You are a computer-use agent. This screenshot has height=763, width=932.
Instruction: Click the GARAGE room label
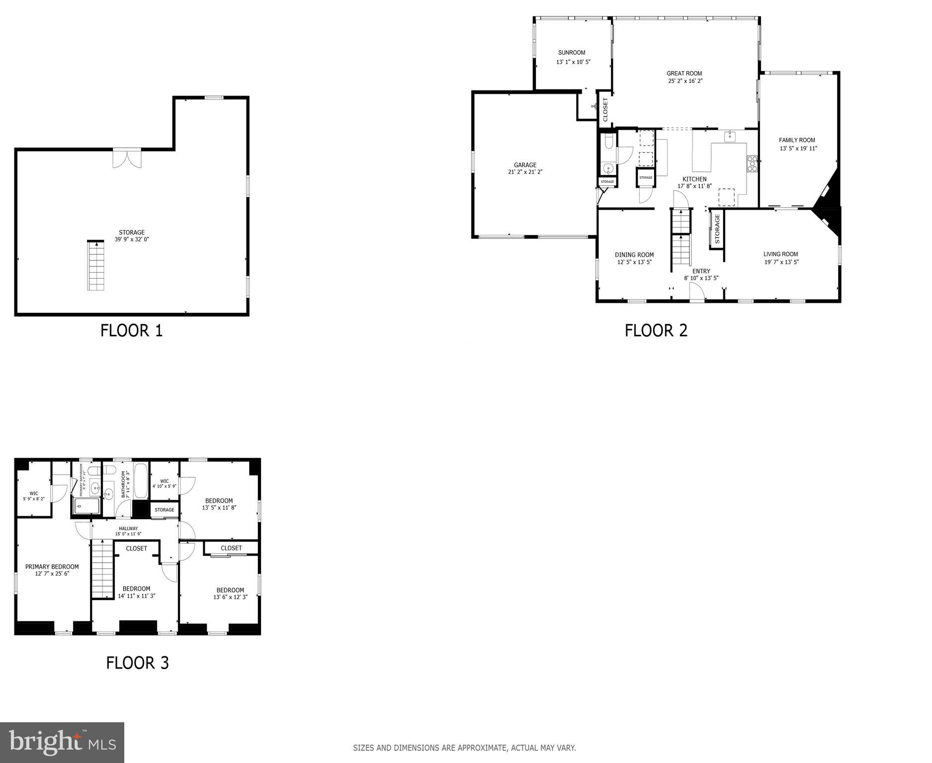525,165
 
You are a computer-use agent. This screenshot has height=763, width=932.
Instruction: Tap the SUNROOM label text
572,53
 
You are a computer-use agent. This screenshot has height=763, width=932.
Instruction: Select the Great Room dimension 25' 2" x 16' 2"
685,81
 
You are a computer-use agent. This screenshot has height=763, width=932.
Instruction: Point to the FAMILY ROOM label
797,140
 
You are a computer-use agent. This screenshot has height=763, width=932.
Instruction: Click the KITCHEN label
694,179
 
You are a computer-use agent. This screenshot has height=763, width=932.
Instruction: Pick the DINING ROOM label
634,255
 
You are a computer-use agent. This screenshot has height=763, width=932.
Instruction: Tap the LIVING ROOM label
781,254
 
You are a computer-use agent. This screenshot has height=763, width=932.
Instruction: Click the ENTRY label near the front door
701,271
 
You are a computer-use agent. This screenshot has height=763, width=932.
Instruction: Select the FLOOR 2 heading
656,331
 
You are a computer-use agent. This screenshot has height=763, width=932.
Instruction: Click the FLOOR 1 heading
132,331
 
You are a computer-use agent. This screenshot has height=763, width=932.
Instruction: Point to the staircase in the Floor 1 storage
96,266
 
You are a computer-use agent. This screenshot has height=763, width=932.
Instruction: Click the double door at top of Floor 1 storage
127,158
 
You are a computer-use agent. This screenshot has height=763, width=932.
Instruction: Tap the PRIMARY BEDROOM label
52,567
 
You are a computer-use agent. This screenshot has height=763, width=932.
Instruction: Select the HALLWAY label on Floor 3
128,529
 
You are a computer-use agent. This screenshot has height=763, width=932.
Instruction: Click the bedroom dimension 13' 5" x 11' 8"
219,508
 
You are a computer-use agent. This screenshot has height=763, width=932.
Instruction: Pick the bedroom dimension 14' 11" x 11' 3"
137,596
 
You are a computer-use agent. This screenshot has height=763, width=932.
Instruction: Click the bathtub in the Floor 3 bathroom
141,481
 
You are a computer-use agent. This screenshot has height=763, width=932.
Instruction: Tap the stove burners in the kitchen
752,164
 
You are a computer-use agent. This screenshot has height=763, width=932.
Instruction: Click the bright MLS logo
62,743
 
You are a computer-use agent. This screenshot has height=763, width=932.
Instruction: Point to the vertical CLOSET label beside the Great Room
605,109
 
